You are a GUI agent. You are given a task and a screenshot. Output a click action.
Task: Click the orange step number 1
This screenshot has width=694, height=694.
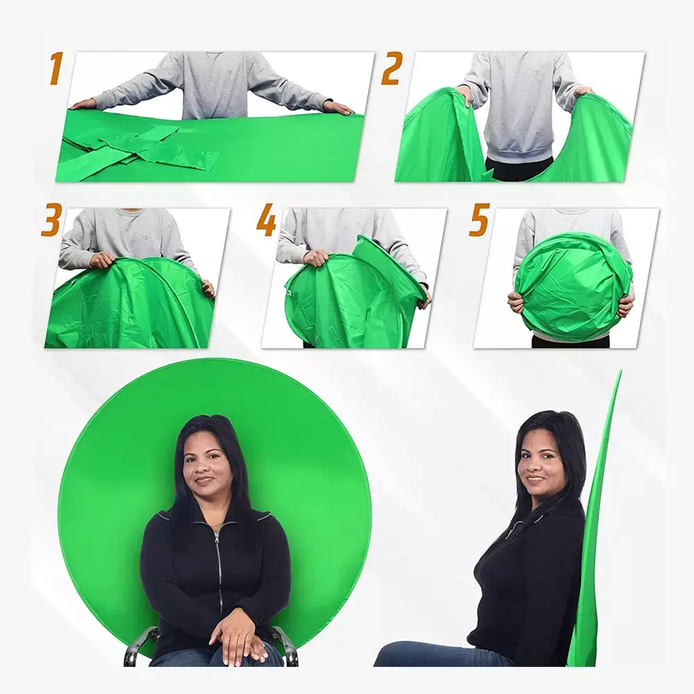(x=56, y=68)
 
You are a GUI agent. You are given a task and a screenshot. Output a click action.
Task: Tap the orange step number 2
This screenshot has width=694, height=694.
(x=392, y=68)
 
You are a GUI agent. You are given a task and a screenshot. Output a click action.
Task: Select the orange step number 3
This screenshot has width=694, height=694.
(x=51, y=219)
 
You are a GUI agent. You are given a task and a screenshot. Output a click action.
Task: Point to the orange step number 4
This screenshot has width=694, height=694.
(x=266, y=219)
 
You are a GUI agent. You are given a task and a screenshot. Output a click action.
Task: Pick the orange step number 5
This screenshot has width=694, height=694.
(x=480, y=219)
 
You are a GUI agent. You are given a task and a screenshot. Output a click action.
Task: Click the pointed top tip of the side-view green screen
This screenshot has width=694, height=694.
(x=620, y=371)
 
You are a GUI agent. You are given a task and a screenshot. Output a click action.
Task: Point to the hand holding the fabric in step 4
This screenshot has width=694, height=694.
(x=316, y=257)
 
